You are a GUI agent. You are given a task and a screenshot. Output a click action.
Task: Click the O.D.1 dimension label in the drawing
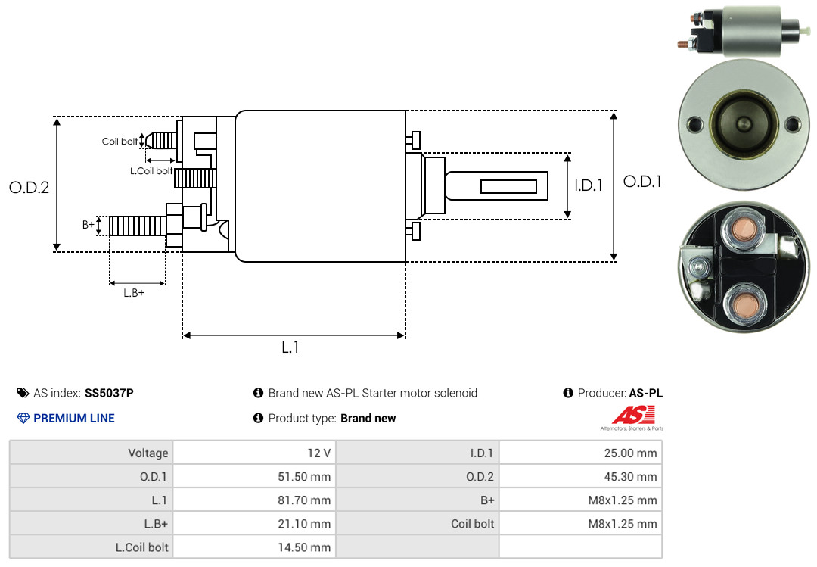pos(642,182)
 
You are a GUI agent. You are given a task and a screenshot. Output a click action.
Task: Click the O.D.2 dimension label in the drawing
pos(29,188)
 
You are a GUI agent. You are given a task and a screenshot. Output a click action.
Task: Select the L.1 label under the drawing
pos(290,347)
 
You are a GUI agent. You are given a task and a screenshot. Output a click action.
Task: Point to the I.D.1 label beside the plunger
pos(588,185)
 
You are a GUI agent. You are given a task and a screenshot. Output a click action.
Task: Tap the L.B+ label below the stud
pos(134,293)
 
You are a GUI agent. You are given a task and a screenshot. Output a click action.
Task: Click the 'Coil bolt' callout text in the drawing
pos(120,142)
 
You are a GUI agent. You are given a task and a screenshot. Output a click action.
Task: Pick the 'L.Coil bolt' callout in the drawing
pos(151,171)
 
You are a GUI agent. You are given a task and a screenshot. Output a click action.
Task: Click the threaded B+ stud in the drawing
pos(137,226)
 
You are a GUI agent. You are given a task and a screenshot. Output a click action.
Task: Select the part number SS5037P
pos(109,393)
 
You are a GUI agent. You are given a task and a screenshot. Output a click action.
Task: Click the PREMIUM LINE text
pos(74,418)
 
